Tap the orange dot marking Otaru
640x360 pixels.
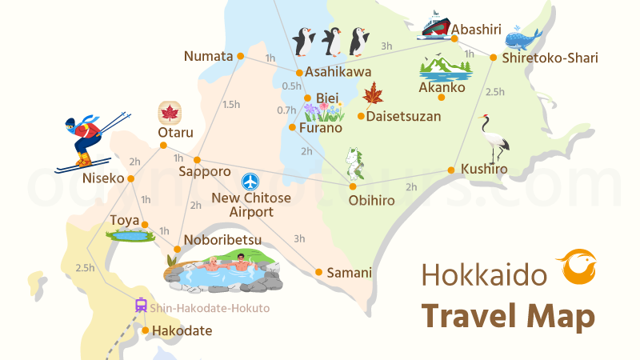pos(163,146)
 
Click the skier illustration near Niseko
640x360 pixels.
pos(90,141)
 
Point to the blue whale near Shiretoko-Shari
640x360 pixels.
pos(525,37)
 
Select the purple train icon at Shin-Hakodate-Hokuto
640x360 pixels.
pos(141,304)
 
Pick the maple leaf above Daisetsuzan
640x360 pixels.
pos(372,94)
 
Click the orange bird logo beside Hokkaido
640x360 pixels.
pos(575,266)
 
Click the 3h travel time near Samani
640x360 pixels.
pos(299,238)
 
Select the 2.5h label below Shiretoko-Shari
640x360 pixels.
pos(495,92)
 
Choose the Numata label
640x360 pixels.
pos(208,56)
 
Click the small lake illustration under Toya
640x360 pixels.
pos(130,235)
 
